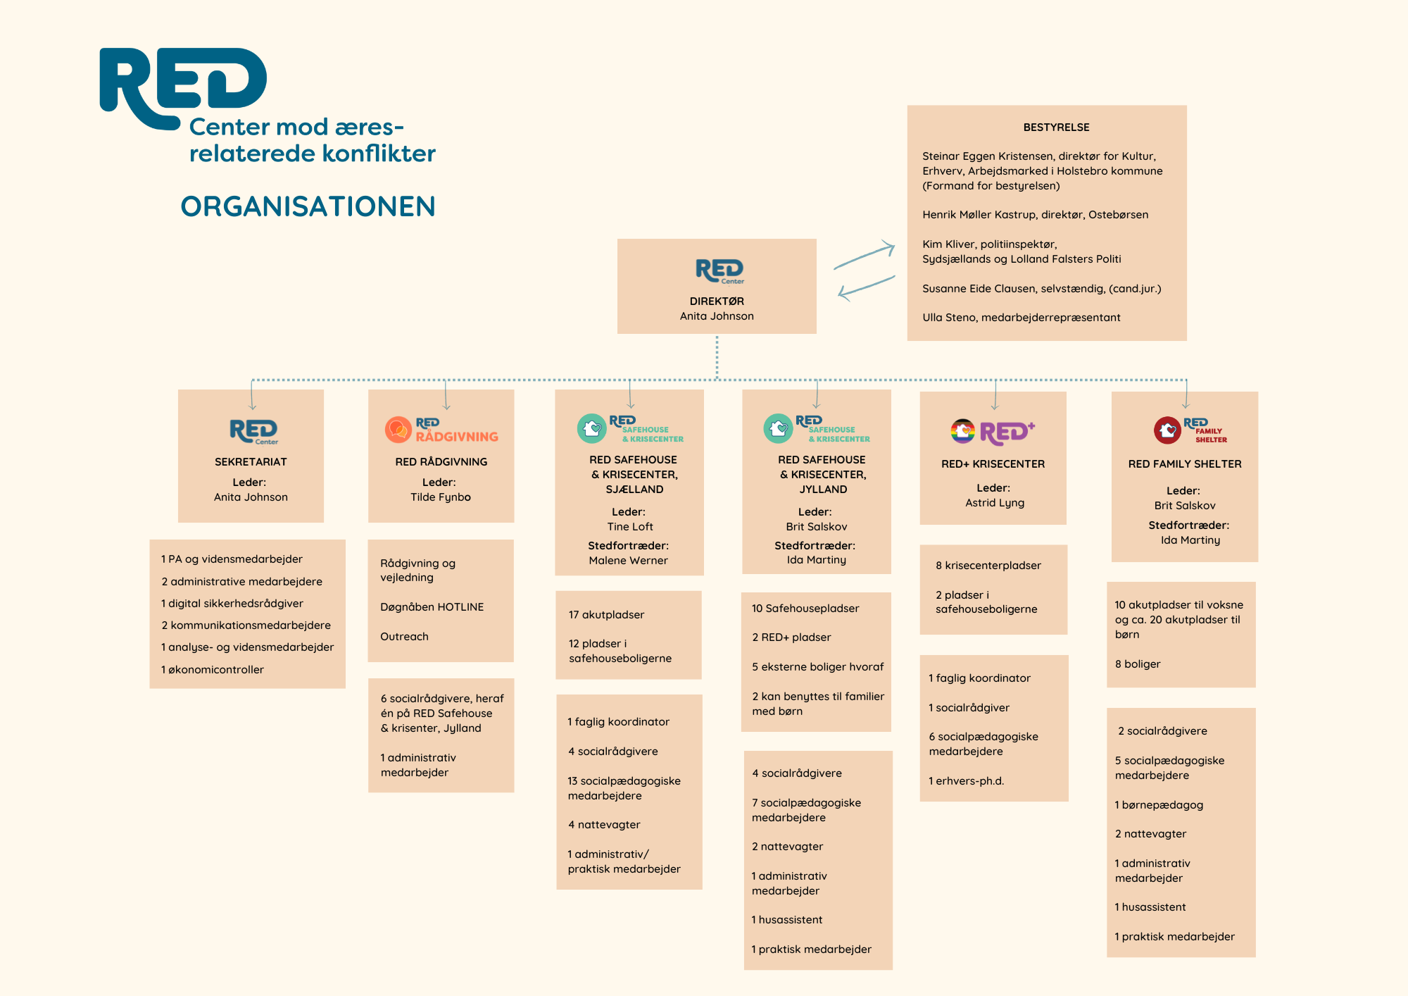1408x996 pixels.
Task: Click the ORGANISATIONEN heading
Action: click(x=308, y=206)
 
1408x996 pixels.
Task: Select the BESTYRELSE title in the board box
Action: click(x=1056, y=127)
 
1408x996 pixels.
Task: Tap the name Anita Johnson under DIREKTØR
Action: click(x=717, y=316)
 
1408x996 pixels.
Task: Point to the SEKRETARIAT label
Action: click(x=251, y=462)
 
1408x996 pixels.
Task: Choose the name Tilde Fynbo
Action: click(x=441, y=497)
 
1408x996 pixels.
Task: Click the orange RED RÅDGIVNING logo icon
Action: click(x=398, y=429)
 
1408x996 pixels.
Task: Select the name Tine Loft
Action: click(x=630, y=527)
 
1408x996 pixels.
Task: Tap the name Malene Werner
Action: click(x=628, y=561)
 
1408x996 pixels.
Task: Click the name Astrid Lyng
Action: click(x=995, y=503)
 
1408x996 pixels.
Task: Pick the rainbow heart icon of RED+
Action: click(x=962, y=430)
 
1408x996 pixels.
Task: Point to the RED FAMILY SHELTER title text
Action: click(x=1185, y=464)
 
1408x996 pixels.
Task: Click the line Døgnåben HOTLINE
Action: click(x=432, y=607)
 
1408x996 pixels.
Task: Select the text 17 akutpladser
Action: click(x=606, y=615)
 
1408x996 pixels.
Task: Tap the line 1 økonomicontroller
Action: click(x=213, y=670)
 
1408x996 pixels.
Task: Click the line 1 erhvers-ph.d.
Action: click(x=966, y=781)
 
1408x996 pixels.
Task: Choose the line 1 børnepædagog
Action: click(x=1159, y=805)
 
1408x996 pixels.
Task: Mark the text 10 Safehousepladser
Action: click(x=805, y=609)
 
